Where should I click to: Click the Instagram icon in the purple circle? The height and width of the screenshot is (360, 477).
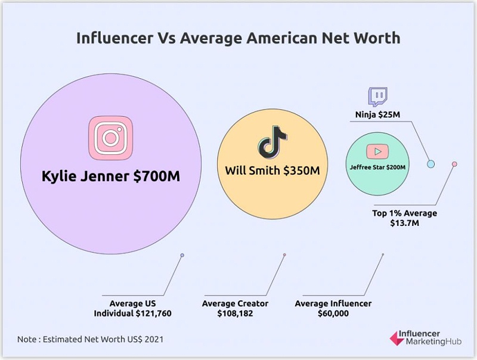(x=110, y=137)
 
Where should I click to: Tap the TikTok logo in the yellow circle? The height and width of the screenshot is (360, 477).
(x=272, y=142)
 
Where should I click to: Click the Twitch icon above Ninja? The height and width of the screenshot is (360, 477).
(x=377, y=97)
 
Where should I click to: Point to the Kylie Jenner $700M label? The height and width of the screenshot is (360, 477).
(x=110, y=176)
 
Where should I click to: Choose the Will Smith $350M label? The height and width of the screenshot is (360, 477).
(x=272, y=170)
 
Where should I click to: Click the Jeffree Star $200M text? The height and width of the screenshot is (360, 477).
(x=377, y=167)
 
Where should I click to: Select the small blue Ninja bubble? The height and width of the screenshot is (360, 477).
(x=430, y=164)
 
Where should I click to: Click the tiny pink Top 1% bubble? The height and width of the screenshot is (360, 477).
(x=454, y=164)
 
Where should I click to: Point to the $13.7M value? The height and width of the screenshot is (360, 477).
(x=405, y=224)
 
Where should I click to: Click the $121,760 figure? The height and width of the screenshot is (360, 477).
(x=154, y=314)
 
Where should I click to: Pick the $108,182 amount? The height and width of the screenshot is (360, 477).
(x=235, y=314)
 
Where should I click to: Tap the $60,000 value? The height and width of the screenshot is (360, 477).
(x=333, y=314)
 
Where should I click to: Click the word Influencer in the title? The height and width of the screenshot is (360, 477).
(x=113, y=38)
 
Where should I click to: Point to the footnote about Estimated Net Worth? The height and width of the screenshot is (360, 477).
(x=91, y=339)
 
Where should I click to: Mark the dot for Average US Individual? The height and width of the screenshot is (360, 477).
(x=182, y=255)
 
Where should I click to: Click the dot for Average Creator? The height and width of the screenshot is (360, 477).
(x=284, y=255)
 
